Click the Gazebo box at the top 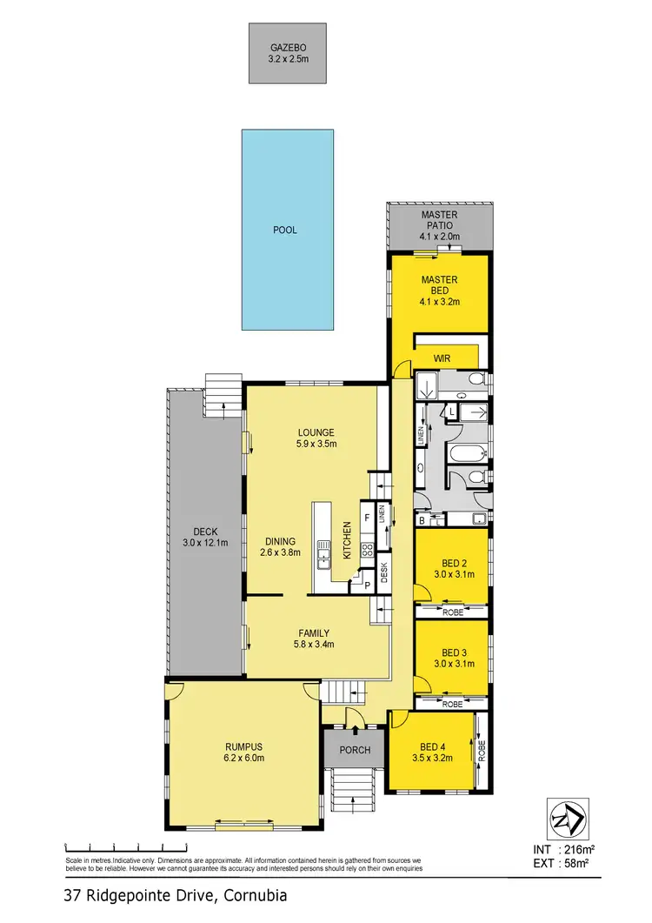[x=287, y=53]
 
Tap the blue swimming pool [x=287, y=230]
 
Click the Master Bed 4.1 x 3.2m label [x=439, y=291]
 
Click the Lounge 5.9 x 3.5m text [x=316, y=438]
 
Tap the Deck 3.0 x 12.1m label [x=205, y=538]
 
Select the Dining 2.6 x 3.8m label [x=278, y=546]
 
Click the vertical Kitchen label [x=347, y=540]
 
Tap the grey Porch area [x=355, y=750]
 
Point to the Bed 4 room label [x=433, y=752]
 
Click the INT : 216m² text [x=567, y=849]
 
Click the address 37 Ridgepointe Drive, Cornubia [x=175, y=894]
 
